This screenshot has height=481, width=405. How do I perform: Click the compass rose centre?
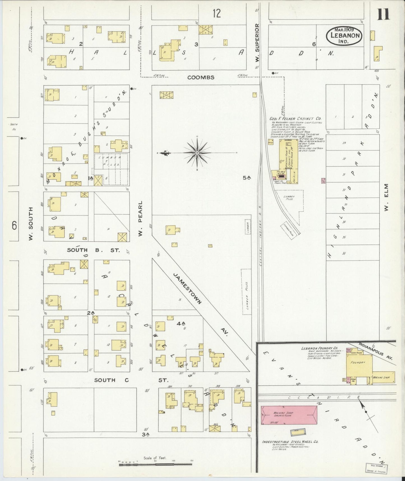(x=197, y=152)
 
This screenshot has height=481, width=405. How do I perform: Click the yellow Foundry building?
(x=359, y=363)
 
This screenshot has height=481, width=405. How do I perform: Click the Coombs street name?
(x=201, y=77)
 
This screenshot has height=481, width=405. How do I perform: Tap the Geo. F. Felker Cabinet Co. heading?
(x=296, y=119)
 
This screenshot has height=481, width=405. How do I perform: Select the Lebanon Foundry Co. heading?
(x=318, y=348)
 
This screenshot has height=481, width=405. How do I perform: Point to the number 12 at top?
(x=216, y=13)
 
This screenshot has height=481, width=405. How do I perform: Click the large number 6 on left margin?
(x=15, y=225)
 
